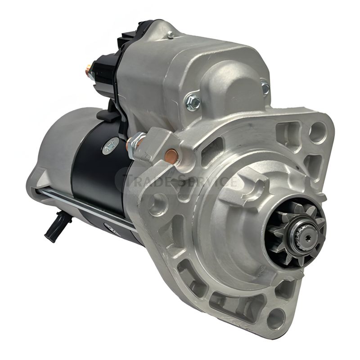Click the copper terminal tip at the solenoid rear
89,69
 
